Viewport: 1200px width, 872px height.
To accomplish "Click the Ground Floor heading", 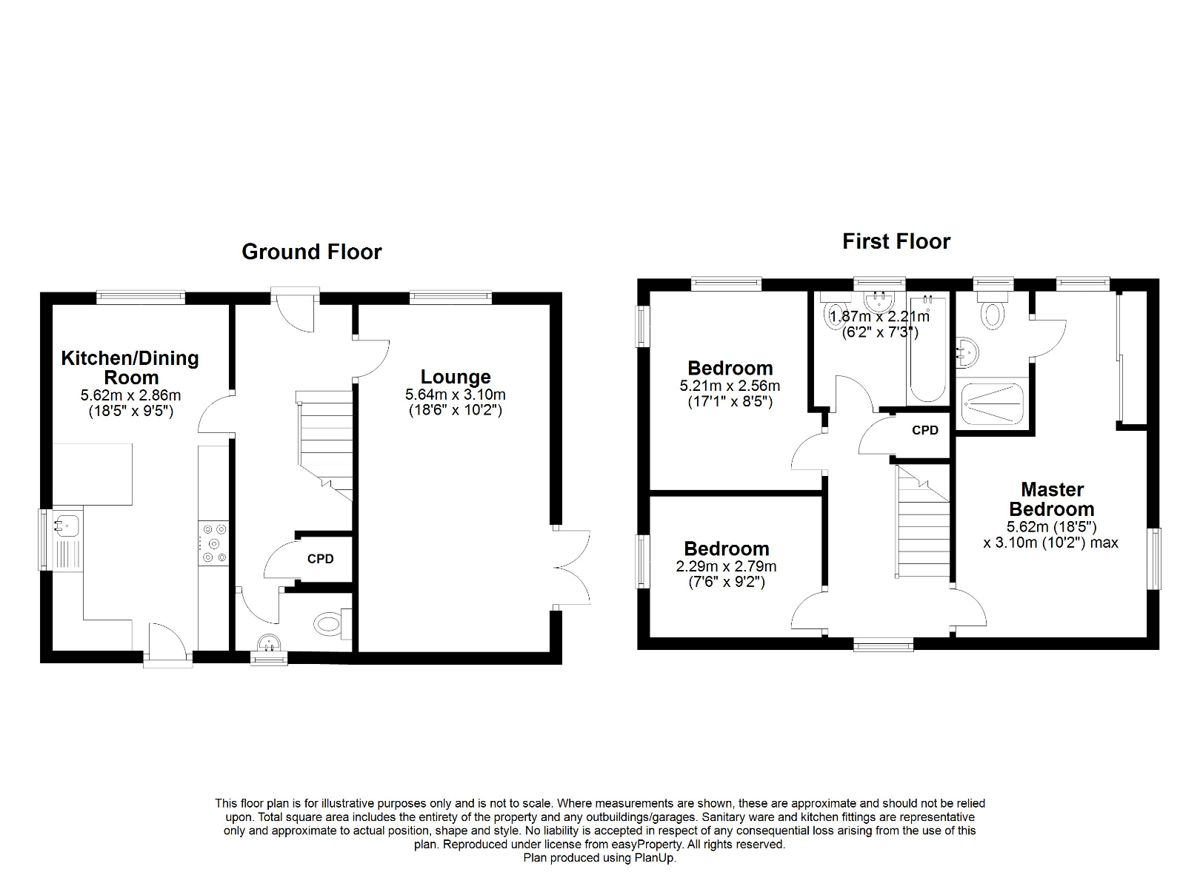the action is pos(311,252).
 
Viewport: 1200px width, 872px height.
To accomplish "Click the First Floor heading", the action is pos(896,241).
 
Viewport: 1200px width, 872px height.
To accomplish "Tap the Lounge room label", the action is pos(456,377).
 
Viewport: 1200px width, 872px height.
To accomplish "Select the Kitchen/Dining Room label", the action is pos(130,367).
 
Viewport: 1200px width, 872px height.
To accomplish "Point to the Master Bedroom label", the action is pos(1051,499).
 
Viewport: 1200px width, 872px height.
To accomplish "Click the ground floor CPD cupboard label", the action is pos(320,559).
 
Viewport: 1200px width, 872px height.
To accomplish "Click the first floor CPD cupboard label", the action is pos(924,430).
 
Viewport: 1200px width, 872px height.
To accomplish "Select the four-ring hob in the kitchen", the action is pos(214,543).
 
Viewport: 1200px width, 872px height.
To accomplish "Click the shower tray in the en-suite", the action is pos(993,404).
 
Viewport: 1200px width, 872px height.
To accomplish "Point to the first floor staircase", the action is pos(923,522).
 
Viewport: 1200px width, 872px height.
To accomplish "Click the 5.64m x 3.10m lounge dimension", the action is pos(455,395).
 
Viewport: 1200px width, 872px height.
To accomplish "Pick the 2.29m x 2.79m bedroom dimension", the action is pos(726,567).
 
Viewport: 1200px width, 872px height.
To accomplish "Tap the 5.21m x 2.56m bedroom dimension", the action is pos(730,386).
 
